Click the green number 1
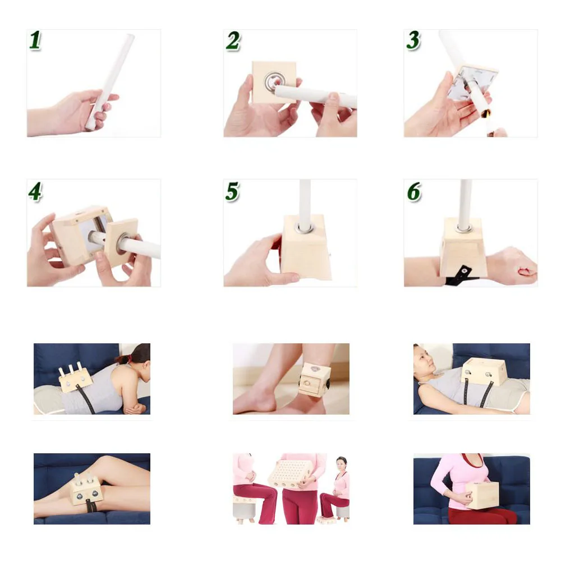[x=35, y=40]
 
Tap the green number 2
[x=233, y=41]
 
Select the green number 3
[x=413, y=40]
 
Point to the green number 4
[x=35, y=192]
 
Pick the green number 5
[x=232, y=191]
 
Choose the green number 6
[x=414, y=192]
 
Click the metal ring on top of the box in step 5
[x=305, y=228]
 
